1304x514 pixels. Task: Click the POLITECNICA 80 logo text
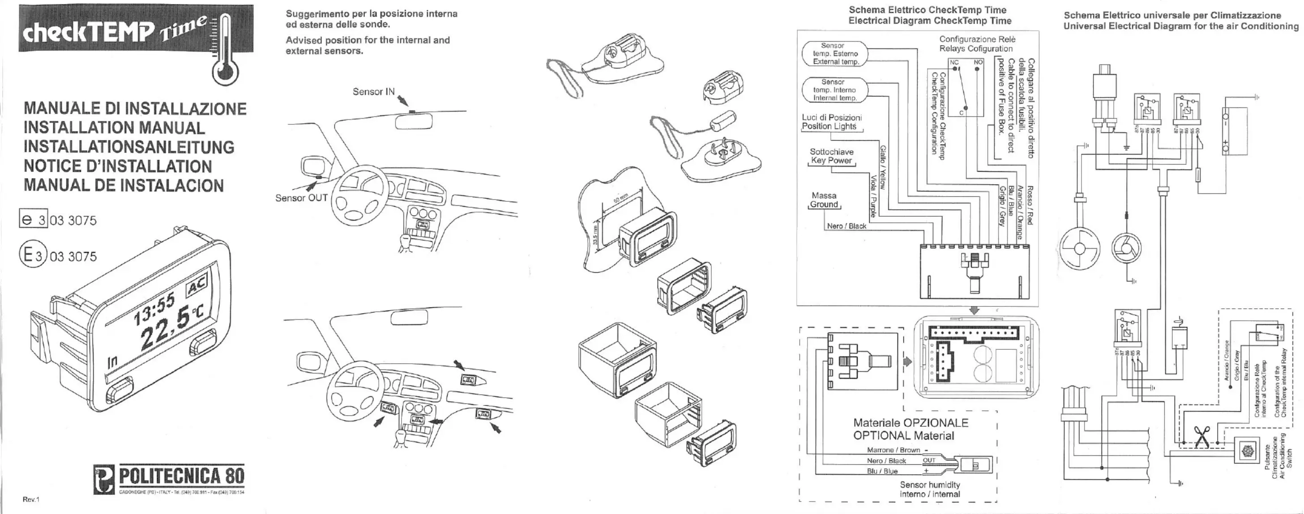point(181,476)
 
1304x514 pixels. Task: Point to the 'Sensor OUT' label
point(301,198)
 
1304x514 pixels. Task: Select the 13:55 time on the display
point(154,309)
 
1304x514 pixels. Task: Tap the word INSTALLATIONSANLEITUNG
point(129,147)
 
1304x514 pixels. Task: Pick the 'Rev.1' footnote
point(31,499)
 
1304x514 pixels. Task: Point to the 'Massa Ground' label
point(824,200)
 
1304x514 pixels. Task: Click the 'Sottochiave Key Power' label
point(832,156)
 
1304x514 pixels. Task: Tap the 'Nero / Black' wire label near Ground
point(847,226)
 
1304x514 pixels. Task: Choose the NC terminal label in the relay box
point(954,63)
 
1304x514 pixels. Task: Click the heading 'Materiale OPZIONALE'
point(911,423)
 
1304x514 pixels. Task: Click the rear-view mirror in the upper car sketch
point(414,121)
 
